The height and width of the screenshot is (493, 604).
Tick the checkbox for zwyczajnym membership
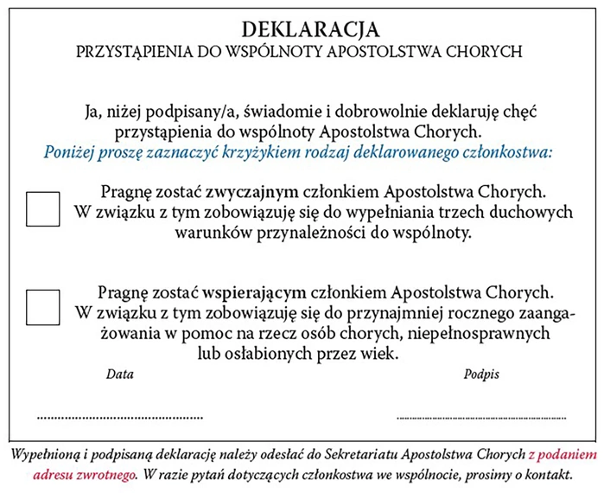(x=42, y=209)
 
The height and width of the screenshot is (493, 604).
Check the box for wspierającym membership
(x=42, y=307)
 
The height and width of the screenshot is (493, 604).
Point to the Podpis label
(x=481, y=375)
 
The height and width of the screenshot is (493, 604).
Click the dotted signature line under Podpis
(x=480, y=417)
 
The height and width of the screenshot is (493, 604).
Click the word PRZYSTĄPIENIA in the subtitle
(x=135, y=51)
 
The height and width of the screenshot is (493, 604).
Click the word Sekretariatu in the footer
(x=376, y=455)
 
